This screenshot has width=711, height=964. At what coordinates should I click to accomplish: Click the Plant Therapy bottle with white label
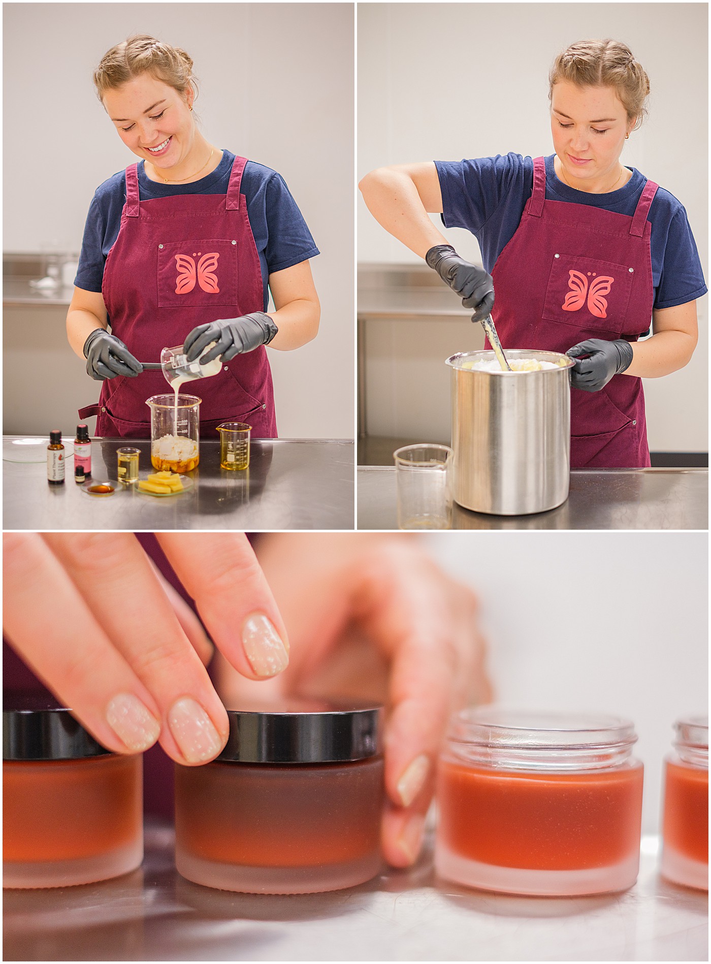coord(55,458)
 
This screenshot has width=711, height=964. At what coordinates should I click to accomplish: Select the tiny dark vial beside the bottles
coord(80,473)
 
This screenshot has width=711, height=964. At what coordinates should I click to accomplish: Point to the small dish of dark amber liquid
coord(101,489)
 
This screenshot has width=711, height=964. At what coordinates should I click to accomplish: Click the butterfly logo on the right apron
coord(587,291)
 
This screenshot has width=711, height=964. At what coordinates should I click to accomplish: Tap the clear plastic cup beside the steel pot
coord(423,485)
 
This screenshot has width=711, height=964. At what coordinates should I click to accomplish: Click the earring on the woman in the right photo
coord(627,136)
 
